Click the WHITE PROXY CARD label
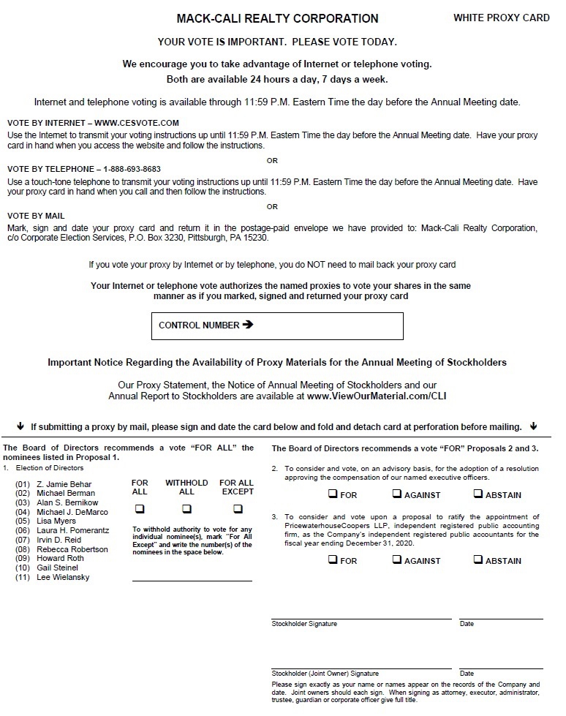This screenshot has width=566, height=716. [x=501, y=18]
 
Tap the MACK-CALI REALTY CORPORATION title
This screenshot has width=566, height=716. [x=277, y=19]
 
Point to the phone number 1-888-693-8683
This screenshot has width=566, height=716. [x=132, y=169]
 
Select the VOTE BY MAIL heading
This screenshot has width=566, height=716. [x=36, y=216]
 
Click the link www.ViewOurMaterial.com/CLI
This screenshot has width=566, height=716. [x=377, y=396]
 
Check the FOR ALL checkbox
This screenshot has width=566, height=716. [x=140, y=509]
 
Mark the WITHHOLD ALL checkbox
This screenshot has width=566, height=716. [x=186, y=509]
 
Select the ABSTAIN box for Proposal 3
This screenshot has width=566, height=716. [x=479, y=560]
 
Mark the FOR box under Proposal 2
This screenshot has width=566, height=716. [x=333, y=494]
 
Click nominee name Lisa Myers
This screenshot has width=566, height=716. [x=56, y=521]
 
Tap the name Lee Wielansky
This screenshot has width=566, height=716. [x=63, y=578]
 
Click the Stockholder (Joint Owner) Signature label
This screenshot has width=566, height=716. [x=325, y=674]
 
